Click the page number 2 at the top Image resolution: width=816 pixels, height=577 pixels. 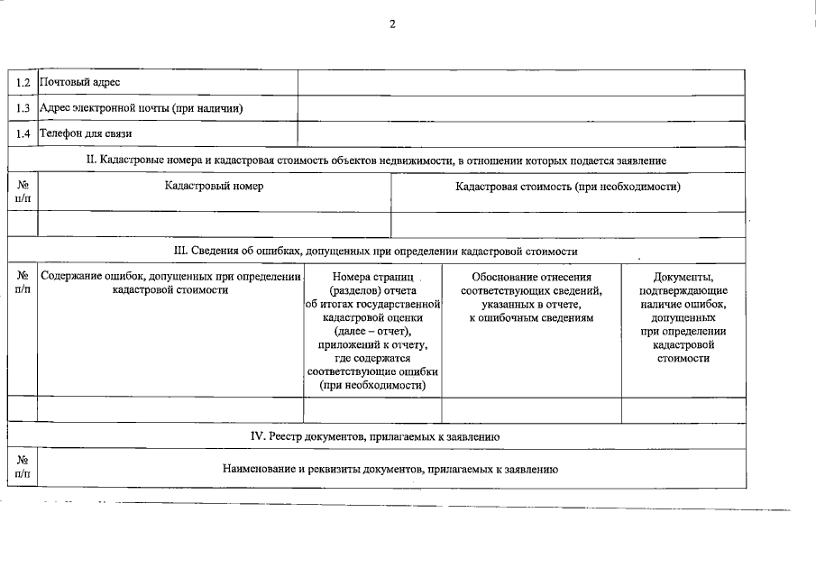[x=392, y=24]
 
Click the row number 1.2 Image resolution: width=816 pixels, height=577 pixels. [x=23, y=83]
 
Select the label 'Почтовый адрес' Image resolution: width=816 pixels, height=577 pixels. [x=79, y=83]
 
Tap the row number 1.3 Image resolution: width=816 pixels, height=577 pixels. [x=23, y=108]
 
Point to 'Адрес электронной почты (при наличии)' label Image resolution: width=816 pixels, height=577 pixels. [x=141, y=108]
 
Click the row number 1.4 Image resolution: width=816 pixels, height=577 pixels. [x=23, y=133]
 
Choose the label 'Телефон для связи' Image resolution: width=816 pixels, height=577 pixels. [x=86, y=133]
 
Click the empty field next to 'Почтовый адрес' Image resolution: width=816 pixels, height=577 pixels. [x=521, y=83]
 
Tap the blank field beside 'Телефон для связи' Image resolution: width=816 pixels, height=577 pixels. [x=521, y=133]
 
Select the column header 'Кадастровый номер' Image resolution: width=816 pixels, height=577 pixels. [x=215, y=186]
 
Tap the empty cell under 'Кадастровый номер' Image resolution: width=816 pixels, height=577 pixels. [x=215, y=224]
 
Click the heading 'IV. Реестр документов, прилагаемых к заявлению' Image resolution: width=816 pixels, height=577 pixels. [x=375, y=436]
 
